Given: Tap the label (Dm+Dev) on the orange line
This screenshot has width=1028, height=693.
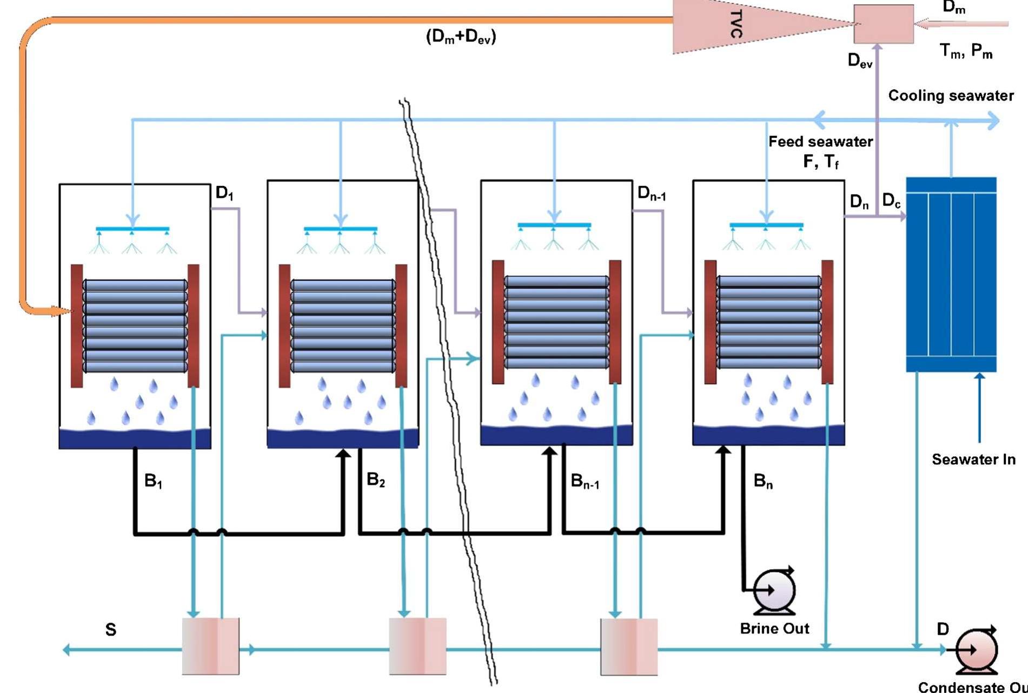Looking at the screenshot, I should (461, 37).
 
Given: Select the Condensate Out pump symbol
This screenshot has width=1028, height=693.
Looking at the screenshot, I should (977, 650).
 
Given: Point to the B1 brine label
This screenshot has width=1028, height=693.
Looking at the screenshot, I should (153, 481).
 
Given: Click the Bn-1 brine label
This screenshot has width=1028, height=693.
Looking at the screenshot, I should (585, 481).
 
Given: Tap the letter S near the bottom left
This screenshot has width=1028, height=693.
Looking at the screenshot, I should (111, 630).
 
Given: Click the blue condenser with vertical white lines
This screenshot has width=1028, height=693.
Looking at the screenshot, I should (951, 275).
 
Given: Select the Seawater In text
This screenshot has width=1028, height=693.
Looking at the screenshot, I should (973, 460).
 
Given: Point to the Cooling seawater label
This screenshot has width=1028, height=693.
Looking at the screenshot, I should (951, 96).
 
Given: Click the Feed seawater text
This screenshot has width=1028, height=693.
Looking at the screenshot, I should (820, 142).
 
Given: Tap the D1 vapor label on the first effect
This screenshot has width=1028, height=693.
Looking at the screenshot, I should (224, 193).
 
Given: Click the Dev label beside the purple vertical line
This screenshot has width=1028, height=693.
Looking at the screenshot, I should (860, 61).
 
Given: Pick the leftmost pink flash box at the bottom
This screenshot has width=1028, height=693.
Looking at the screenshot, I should (210, 646).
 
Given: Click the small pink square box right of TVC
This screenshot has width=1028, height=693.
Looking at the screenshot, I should (884, 24).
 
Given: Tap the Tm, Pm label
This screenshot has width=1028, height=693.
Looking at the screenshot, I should (966, 51).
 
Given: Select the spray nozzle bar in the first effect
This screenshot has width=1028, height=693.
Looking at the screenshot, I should (132, 229).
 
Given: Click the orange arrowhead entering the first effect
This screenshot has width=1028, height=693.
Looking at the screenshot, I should (64, 311).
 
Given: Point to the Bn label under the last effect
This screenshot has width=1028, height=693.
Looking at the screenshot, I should (763, 481).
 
